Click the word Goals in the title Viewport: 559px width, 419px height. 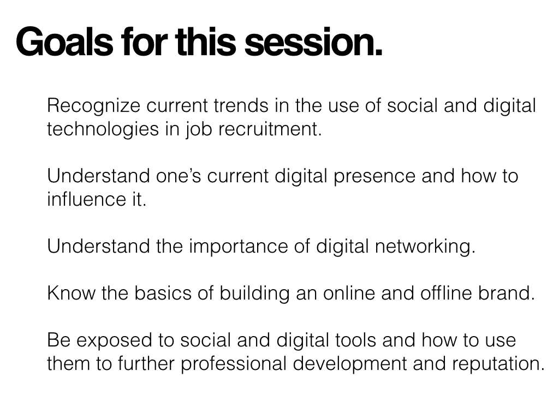coord(64,41)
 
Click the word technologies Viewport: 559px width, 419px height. coord(103,130)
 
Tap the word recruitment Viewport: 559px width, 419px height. coord(270,129)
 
